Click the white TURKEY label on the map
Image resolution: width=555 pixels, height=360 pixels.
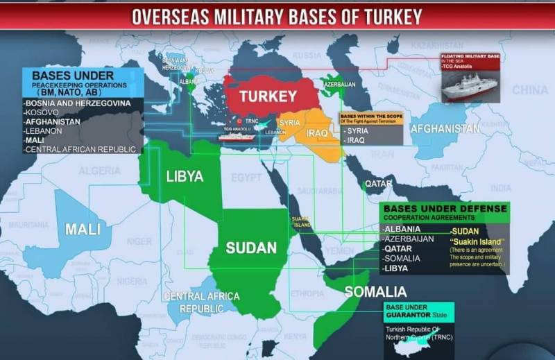coord(268,96)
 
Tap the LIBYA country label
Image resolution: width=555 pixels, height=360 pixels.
coord(185,176)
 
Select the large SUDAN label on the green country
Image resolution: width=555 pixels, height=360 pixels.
coord(252,248)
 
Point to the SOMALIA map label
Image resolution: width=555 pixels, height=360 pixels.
coord(375,291)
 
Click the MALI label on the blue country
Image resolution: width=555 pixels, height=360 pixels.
coord(83,229)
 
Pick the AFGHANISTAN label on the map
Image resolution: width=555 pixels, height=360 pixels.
coord(444,129)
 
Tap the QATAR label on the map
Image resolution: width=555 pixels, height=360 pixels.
coord(379,184)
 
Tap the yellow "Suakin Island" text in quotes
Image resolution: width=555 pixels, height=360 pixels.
coord(476,241)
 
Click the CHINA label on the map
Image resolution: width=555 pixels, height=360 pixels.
coord(529,90)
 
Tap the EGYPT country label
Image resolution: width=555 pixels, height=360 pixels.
coord(246,178)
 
